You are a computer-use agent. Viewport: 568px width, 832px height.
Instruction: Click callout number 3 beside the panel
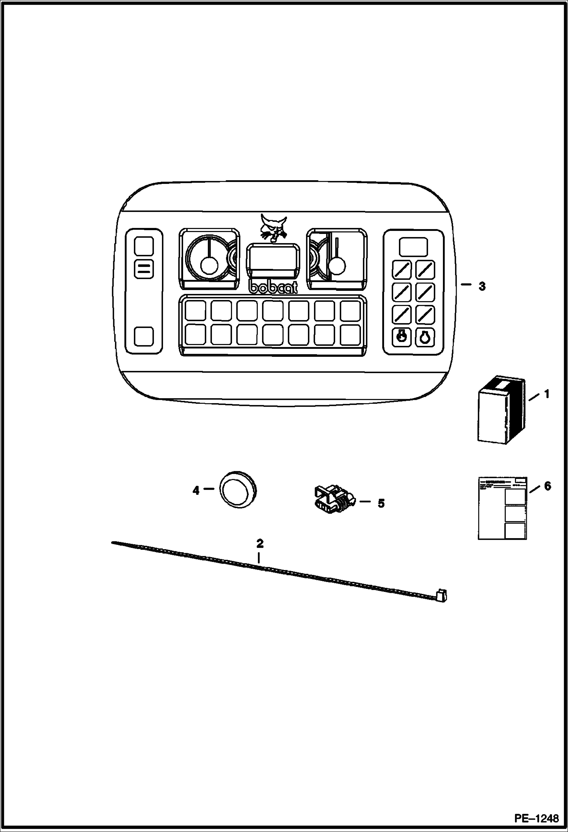click(482, 287)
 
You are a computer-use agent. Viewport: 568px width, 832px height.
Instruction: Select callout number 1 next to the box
click(547, 395)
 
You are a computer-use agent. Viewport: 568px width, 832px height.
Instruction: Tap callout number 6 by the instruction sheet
click(547, 486)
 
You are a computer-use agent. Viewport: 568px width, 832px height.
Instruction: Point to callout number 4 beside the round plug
click(196, 491)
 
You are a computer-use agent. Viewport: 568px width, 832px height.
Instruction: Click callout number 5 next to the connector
click(381, 504)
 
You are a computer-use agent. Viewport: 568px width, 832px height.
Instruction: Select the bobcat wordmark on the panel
click(273, 287)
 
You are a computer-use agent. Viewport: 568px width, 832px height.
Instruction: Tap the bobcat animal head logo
click(273, 227)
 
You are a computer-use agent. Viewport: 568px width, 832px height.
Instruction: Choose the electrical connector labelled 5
click(333, 499)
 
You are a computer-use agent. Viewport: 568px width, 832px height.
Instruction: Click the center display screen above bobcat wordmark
click(273, 259)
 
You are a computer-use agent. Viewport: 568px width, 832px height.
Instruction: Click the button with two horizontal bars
click(144, 269)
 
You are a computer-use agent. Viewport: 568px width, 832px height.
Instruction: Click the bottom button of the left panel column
click(144, 336)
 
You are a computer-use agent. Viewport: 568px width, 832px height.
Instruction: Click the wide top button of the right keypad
click(413, 246)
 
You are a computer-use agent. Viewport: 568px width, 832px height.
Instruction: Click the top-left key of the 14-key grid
click(195, 310)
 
